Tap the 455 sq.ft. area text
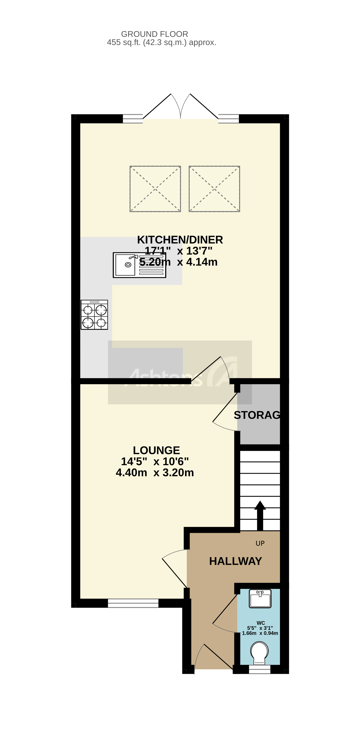[x=161, y=43]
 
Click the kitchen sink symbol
[x=139, y=265]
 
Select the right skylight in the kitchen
[x=214, y=189]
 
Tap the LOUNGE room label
[x=156, y=450]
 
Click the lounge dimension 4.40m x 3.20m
[x=155, y=473]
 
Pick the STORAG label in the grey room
[x=257, y=415]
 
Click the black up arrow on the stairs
[x=260, y=515]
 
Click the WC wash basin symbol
[x=260, y=599]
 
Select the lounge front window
[x=133, y=603]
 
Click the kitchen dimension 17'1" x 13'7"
[x=178, y=251]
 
